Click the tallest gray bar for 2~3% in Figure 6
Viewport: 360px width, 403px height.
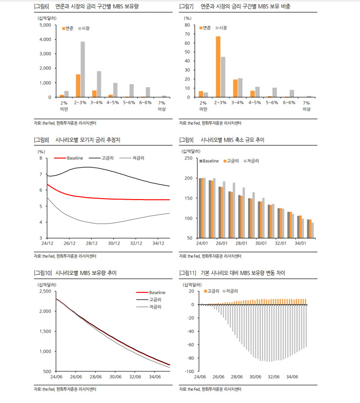click(83, 69)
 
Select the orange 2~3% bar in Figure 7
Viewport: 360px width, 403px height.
click(218, 67)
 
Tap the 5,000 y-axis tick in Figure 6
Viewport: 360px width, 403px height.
click(45, 25)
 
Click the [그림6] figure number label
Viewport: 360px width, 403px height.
click(42, 7)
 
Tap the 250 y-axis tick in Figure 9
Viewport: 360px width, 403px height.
click(188, 158)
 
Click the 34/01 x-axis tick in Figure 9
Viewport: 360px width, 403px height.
click(300, 243)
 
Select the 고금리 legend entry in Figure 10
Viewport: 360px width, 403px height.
click(155, 299)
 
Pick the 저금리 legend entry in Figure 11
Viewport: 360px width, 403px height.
click(231, 291)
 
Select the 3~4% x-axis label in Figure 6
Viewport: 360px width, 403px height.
click(97, 102)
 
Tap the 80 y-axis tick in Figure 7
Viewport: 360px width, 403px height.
click(188, 25)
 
